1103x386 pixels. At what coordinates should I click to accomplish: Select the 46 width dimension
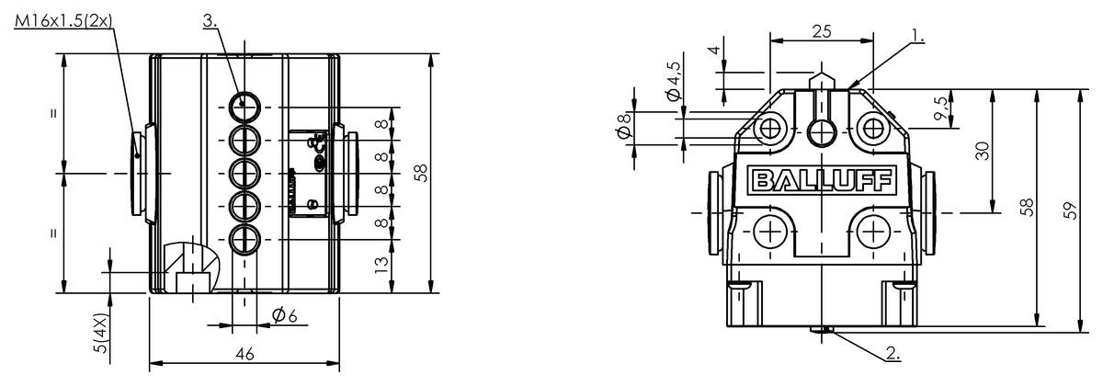click(244, 353)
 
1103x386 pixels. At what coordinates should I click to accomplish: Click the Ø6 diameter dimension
click(284, 315)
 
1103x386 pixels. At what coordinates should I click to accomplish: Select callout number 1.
click(916, 36)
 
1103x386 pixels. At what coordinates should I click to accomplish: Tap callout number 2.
click(893, 351)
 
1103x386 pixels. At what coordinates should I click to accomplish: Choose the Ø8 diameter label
click(623, 130)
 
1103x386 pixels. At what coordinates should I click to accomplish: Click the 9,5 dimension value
click(938, 109)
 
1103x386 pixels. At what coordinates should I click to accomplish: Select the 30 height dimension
click(983, 151)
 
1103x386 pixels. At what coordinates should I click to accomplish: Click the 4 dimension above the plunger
click(713, 52)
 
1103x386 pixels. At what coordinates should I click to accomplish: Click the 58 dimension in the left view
click(421, 173)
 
